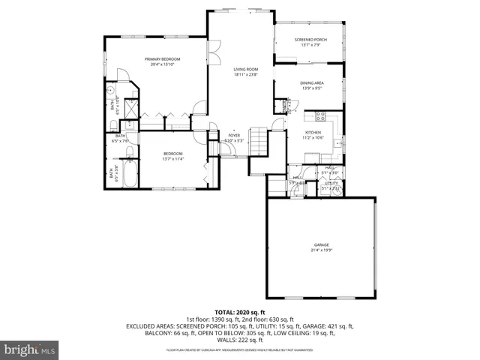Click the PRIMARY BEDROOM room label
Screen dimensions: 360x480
(163, 59)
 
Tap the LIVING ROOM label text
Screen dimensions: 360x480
(245, 69)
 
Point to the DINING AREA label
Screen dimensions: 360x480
(311, 83)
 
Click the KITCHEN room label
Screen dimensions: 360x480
(313, 133)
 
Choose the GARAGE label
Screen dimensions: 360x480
(321, 244)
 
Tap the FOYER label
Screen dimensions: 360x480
(234, 136)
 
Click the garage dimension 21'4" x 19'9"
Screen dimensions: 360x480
(321, 250)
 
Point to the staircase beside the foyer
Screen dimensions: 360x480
(258, 140)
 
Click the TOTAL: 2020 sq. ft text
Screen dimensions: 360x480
(240, 311)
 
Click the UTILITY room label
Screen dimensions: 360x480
(331, 182)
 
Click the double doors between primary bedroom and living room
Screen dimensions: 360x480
(212, 54)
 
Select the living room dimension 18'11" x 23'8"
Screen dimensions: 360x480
(245, 75)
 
